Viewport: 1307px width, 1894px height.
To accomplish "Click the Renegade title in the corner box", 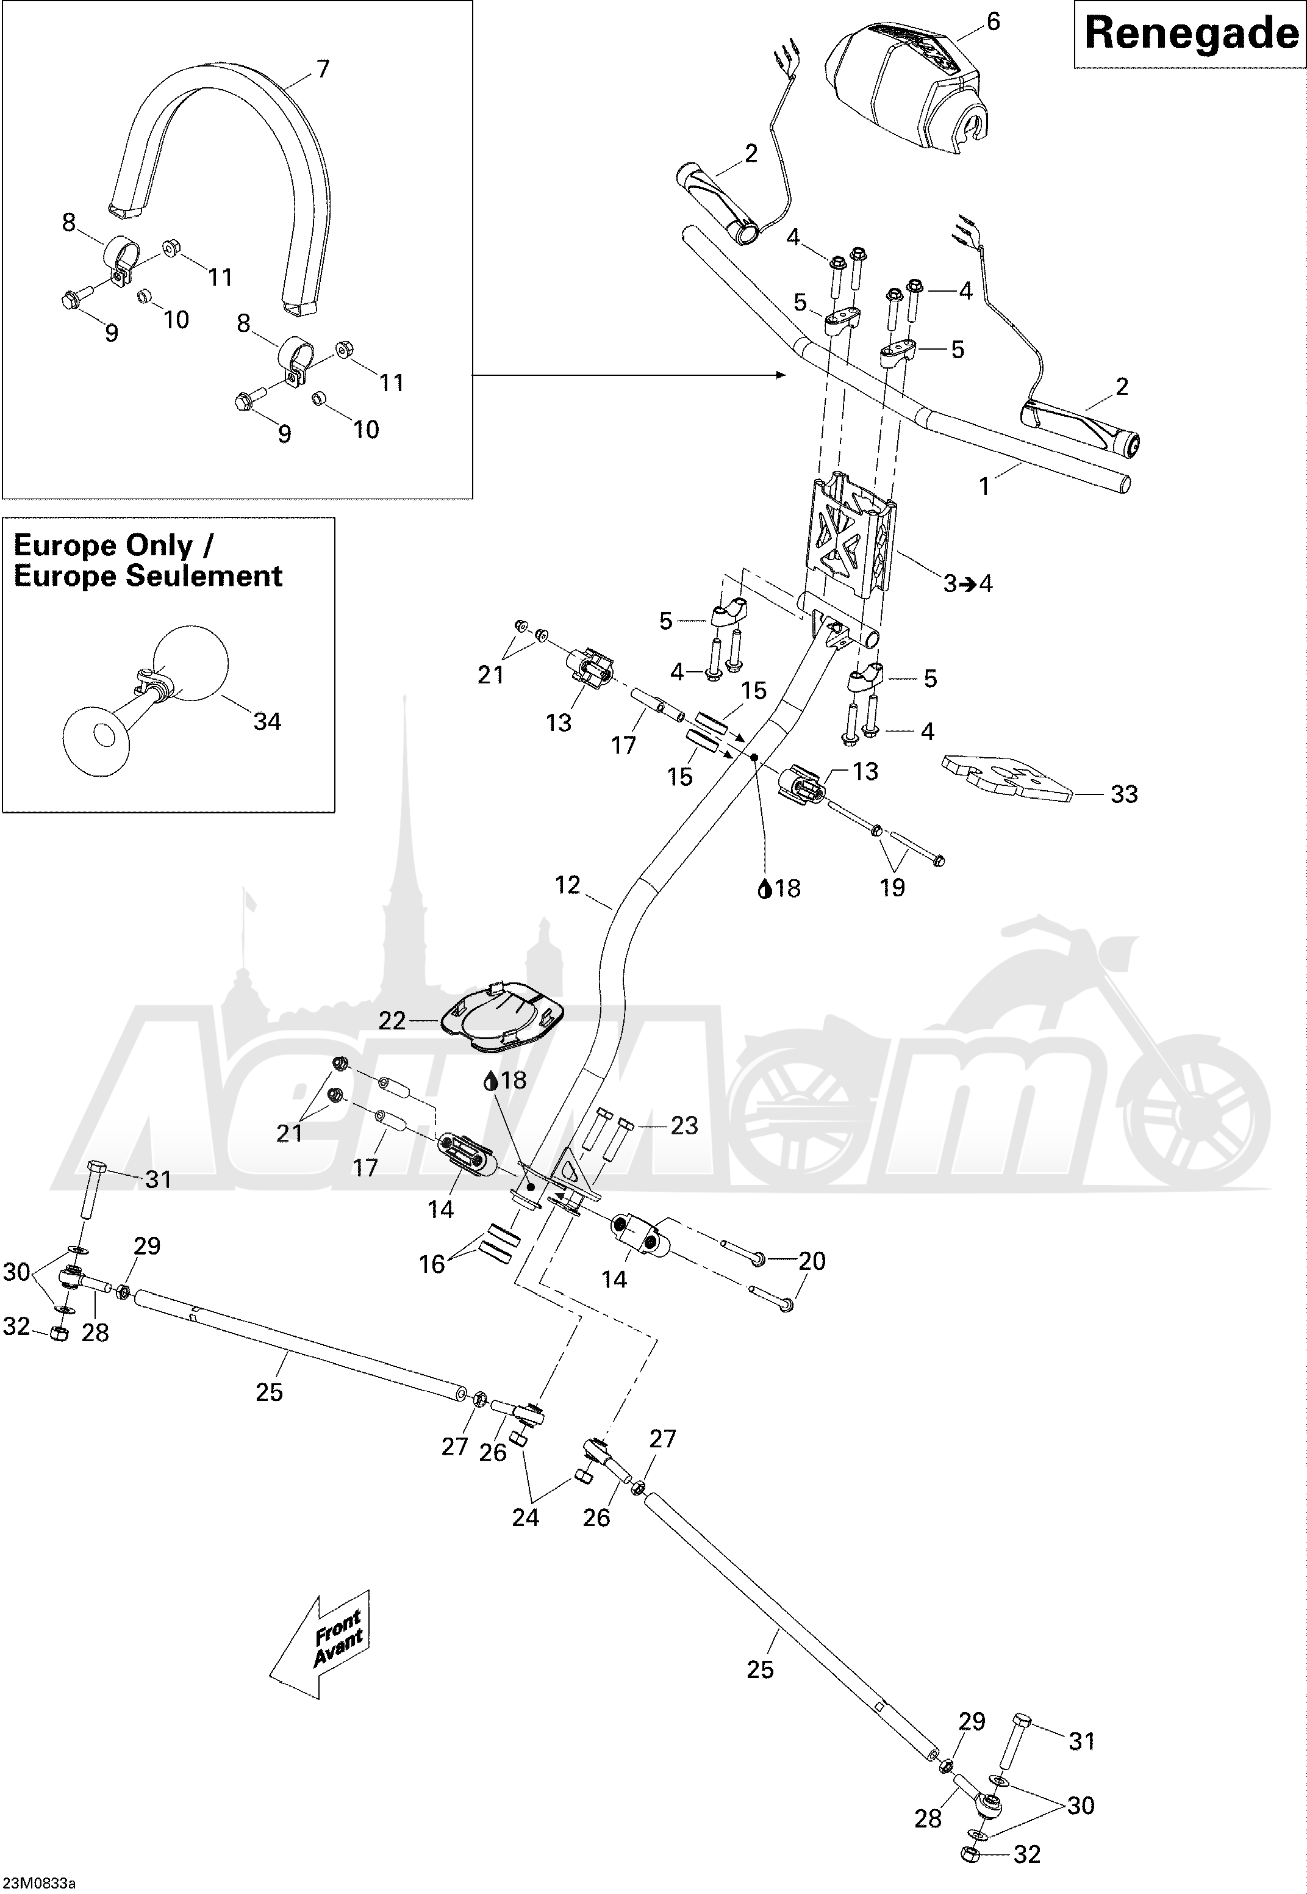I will click(1190, 34).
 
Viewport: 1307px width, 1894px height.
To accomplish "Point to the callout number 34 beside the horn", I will click(267, 722).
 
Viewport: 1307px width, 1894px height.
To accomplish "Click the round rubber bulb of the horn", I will click(191, 663).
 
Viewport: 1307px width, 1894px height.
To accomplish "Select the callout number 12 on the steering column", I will click(568, 885).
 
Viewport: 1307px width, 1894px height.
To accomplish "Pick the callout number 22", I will click(392, 1021).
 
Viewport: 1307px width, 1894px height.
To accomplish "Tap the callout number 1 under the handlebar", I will click(984, 486).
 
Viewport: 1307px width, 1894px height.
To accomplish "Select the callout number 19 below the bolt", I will click(893, 887).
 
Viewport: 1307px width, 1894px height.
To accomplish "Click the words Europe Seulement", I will click(148, 576).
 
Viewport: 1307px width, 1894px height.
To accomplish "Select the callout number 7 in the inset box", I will click(323, 70).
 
